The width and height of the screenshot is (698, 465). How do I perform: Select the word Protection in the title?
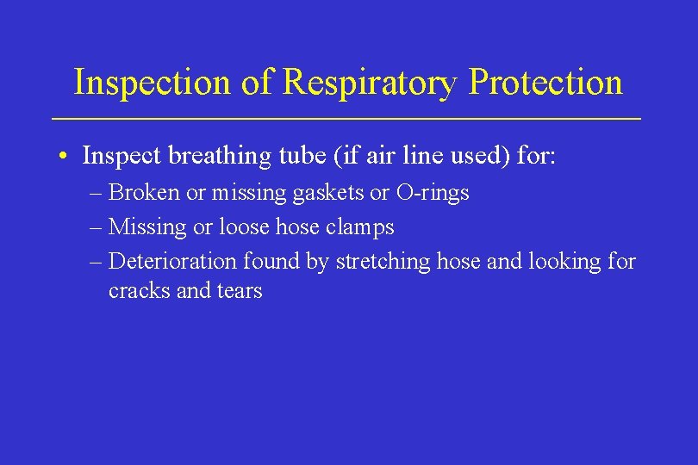tap(545, 83)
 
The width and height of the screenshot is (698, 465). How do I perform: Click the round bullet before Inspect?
tap(65, 157)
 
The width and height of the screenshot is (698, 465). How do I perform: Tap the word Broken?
tap(146, 192)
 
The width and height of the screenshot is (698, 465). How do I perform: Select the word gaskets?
tap(328, 193)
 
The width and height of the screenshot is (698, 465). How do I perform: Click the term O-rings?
tap(432, 192)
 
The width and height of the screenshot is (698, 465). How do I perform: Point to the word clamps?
tap(362, 227)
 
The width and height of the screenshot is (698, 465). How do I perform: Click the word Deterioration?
tap(174, 260)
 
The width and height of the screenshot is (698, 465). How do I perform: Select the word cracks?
tap(139, 291)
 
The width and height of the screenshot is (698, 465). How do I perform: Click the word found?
tap(273, 260)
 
